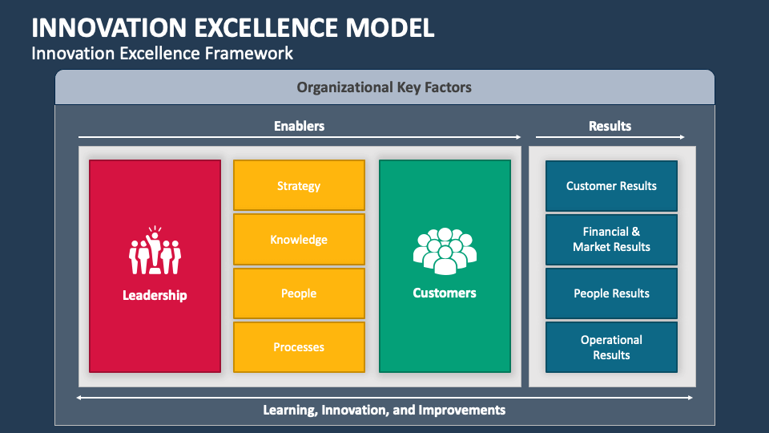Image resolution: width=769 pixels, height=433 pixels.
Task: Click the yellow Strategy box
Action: click(x=299, y=185)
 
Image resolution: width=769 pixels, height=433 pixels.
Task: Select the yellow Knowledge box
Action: click(x=299, y=239)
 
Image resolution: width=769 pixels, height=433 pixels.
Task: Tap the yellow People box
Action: click(x=299, y=293)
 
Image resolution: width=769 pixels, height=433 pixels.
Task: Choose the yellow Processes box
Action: click(x=299, y=346)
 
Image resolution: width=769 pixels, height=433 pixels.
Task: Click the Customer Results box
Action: click(x=611, y=185)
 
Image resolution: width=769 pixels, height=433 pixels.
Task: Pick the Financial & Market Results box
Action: click(x=611, y=239)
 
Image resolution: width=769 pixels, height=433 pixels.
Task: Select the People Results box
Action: click(x=611, y=293)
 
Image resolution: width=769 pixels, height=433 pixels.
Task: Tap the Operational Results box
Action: click(x=611, y=346)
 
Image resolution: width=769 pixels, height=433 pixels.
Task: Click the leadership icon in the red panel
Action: click(x=155, y=251)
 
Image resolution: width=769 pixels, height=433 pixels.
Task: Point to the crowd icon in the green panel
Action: click(x=445, y=251)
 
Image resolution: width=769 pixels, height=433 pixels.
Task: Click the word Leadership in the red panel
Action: click(x=155, y=295)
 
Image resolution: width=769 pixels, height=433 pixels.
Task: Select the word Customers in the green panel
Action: click(x=445, y=293)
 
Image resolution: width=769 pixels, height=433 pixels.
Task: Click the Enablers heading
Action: click(x=299, y=126)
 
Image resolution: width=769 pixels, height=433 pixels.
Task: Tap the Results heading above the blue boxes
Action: click(x=610, y=126)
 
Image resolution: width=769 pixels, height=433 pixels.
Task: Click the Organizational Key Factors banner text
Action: click(x=384, y=87)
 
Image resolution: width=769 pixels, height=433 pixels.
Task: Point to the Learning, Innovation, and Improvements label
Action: click(x=384, y=410)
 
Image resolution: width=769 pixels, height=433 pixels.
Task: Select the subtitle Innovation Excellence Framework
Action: click(x=162, y=54)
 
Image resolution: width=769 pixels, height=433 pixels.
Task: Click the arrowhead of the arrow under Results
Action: click(x=682, y=137)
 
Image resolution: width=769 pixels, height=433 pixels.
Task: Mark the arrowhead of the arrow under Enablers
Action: click(x=517, y=137)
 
